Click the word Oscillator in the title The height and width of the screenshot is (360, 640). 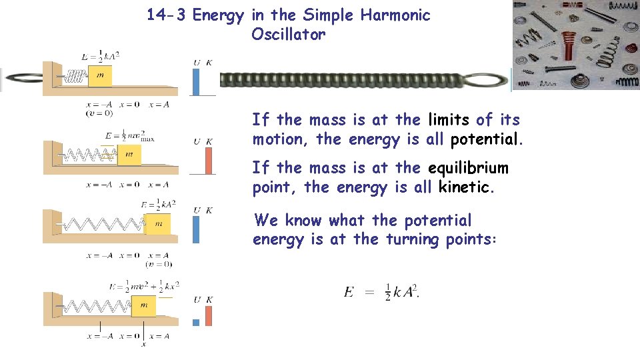[x=288, y=35]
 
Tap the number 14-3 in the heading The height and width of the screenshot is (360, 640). [x=167, y=15]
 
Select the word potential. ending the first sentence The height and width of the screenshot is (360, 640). [x=487, y=140]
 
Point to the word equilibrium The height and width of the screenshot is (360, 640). [x=468, y=168]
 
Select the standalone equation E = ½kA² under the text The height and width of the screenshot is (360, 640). [x=381, y=292]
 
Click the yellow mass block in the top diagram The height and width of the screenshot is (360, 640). [x=100, y=75]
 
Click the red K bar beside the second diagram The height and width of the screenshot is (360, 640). [x=209, y=161]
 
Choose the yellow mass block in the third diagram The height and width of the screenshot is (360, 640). [x=158, y=224]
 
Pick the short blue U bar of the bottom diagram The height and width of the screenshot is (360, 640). [x=196, y=323]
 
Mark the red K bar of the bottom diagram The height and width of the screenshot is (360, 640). [x=209, y=316]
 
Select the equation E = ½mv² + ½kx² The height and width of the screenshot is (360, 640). [x=141, y=287]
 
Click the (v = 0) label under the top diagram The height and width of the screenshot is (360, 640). [x=99, y=113]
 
